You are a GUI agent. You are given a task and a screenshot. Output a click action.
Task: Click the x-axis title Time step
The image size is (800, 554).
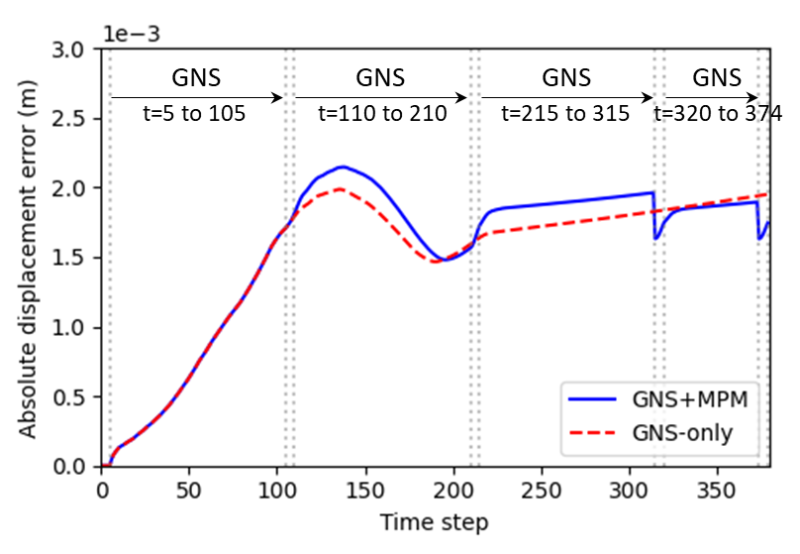436,520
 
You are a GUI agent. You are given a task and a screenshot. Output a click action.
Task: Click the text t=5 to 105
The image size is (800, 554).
193,113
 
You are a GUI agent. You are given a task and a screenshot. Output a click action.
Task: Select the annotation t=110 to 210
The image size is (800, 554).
382,113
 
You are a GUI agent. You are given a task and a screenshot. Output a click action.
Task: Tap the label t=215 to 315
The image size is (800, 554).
565,113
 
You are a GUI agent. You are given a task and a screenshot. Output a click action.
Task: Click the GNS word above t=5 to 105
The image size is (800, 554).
196,77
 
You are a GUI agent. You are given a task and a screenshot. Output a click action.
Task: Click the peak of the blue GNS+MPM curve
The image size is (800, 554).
342,166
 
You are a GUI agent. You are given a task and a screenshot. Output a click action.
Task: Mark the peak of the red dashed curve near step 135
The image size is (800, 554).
339,188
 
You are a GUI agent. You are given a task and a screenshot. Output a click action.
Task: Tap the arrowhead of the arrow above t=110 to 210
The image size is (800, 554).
462,97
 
